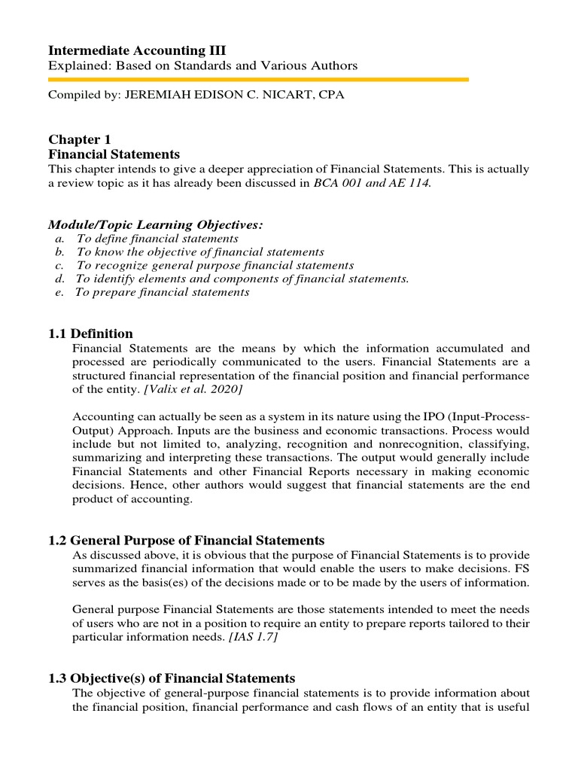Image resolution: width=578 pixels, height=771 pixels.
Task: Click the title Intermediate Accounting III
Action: pos(137,50)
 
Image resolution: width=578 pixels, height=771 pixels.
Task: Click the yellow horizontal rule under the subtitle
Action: pos(258,79)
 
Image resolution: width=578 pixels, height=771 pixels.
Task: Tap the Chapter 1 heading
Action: pos(75,139)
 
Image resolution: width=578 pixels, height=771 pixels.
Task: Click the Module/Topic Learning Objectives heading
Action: pos(156,224)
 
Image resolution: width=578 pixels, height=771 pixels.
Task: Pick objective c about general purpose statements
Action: pos(214,266)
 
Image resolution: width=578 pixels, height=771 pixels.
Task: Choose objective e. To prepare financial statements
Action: pos(162,292)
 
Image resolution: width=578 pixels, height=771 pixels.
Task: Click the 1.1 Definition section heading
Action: pos(90,334)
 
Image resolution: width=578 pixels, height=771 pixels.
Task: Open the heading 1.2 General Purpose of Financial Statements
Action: pos(187,541)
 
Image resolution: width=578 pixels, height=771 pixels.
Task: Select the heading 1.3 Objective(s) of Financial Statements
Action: pos(172,678)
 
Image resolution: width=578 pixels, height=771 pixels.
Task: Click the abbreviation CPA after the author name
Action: pos(331,96)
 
